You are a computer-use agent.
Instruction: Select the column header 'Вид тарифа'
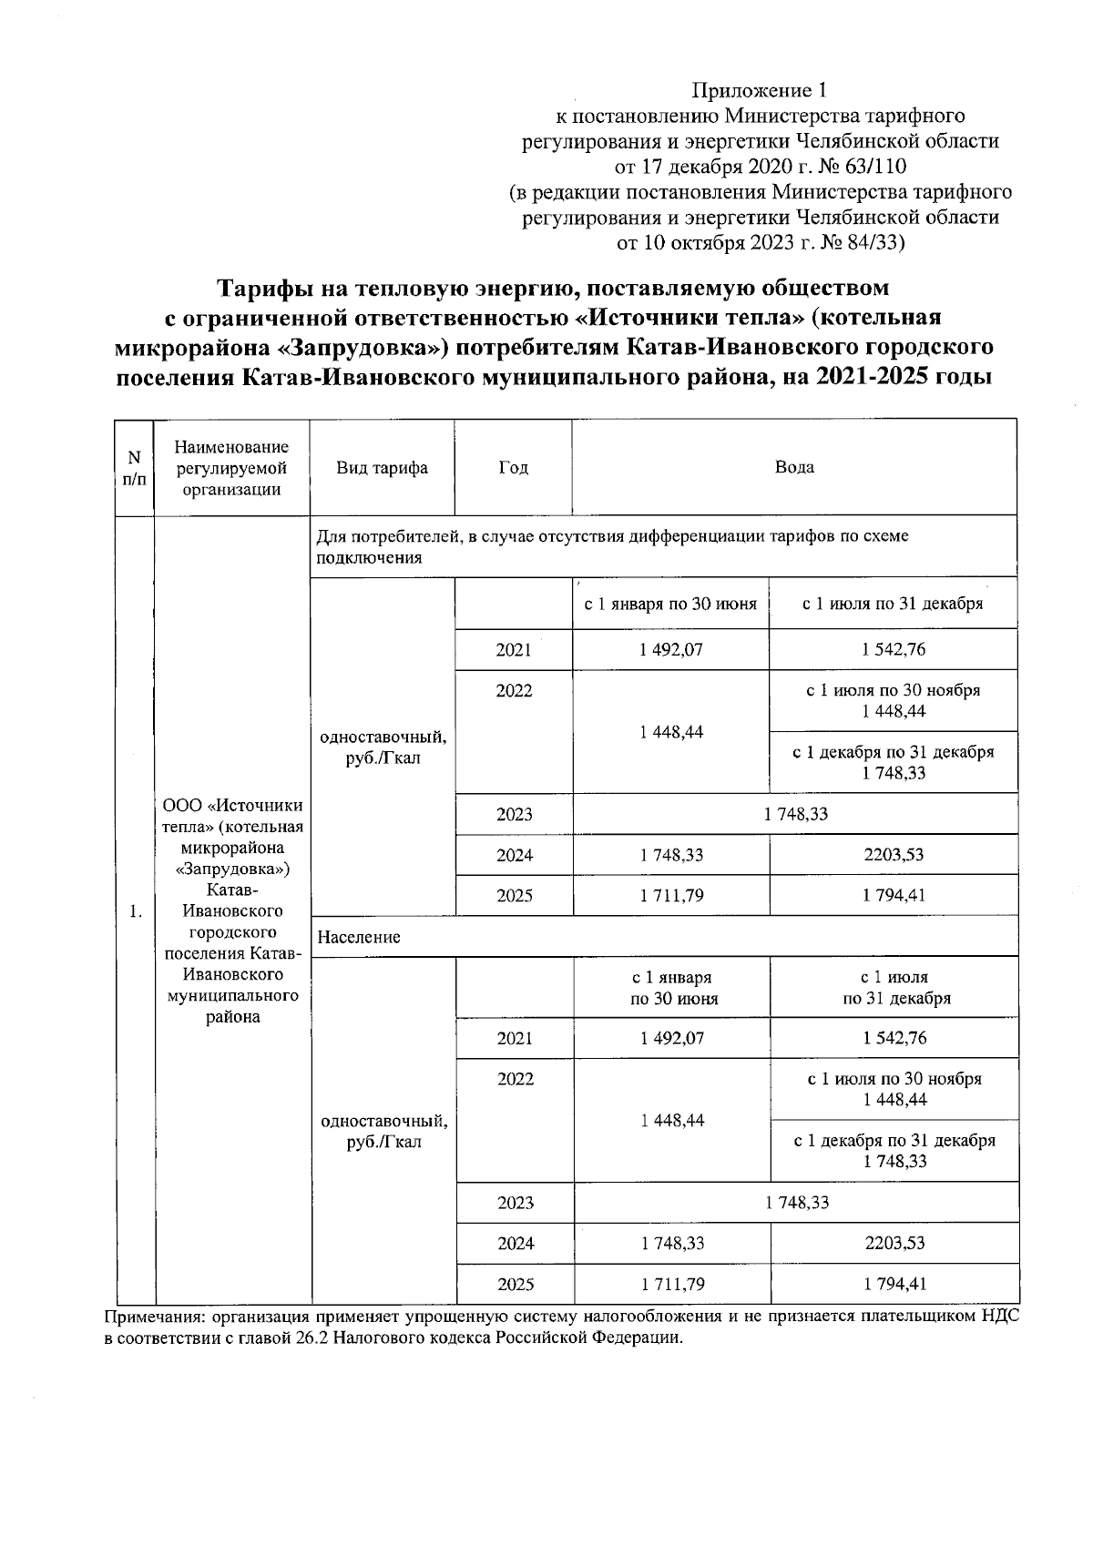click(382, 468)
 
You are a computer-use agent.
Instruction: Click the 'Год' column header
click(513, 468)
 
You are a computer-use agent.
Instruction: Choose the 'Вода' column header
click(793, 467)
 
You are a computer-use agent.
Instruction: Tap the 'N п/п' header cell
click(134, 468)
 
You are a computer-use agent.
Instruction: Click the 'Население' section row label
click(359, 937)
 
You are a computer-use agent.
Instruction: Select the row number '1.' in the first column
click(135, 911)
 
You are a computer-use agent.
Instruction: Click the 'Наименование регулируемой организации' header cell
click(232, 468)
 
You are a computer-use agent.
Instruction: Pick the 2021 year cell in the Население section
click(515, 1038)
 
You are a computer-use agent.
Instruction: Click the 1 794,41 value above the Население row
click(893, 895)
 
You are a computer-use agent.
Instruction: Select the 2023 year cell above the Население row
click(514, 814)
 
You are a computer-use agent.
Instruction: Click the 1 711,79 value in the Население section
click(671, 1285)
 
